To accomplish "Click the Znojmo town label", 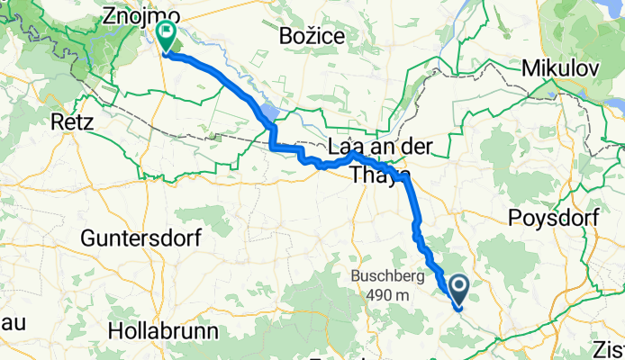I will (x=140, y=16).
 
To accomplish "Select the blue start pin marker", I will (x=458, y=290).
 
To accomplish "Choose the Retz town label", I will (x=73, y=122).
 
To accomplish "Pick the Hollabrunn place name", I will (x=162, y=330).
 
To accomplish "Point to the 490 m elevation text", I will (x=388, y=294).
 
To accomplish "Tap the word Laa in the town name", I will (x=347, y=147).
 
